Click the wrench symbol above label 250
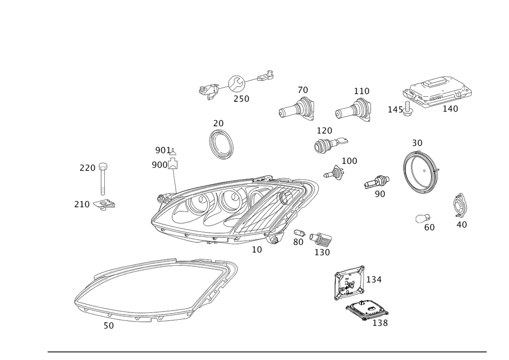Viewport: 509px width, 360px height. (x=237, y=84)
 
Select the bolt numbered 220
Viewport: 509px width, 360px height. (x=103, y=179)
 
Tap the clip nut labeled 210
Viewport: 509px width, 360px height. (x=104, y=205)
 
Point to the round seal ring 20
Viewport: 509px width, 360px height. (x=221, y=144)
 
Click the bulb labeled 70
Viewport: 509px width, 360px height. (x=297, y=109)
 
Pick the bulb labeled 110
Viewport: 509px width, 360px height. (x=353, y=110)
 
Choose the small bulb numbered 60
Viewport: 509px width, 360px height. (x=423, y=219)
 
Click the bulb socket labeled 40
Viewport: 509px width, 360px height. (x=459, y=206)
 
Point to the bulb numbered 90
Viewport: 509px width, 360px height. (x=377, y=182)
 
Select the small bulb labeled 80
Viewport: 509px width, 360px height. (x=299, y=233)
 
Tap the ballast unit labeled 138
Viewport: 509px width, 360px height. (x=367, y=310)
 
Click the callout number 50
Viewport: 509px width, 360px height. (x=109, y=325)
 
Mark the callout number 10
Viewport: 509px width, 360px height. (x=257, y=250)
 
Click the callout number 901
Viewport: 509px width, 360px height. (x=163, y=150)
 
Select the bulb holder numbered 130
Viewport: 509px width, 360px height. (x=320, y=239)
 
